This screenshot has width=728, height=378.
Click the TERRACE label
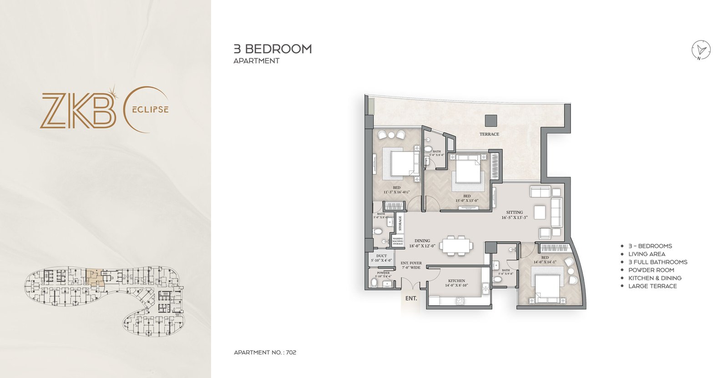pyautogui.click(x=489, y=134)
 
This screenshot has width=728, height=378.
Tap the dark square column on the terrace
pyautogui.click(x=491, y=121)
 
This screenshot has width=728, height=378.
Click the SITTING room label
pyautogui.click(x=514, y=212)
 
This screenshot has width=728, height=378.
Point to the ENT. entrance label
pyautogui.click(x=411, y=298)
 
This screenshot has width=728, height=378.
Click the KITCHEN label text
pyautogui.click(x=456, y=281)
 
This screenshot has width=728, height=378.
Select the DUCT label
pyautogui.click(x=381, y=256)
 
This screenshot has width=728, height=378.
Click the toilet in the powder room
pyautogui.click(x=374, y=283)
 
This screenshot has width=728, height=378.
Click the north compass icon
pyautogui.click(x=701, y=50)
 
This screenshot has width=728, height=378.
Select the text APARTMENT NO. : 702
pyautogui.click(x=265, y=353)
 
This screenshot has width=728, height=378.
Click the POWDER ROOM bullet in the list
pyautogui.click(x=651, y=270)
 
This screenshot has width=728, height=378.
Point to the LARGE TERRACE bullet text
pyautogui.click(x=652, y=286)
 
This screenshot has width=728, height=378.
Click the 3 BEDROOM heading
pyautogui.click(x=273, y=49)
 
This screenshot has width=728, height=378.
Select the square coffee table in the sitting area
pyautogui.click(x=540, y=212)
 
